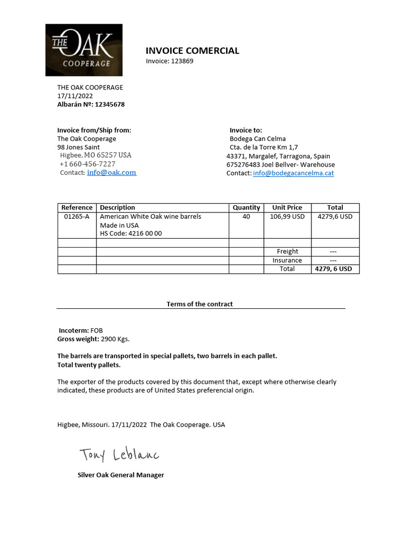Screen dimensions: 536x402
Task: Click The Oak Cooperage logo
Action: click(84, 50)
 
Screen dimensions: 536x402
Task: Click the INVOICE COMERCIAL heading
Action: click(192, 51)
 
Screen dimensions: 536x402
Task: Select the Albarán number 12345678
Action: click(109, 104)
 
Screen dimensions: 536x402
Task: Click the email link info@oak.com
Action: click(111, 173)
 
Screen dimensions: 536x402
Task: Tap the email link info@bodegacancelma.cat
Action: click(293, 173)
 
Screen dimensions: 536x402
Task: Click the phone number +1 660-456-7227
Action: click(87, 164)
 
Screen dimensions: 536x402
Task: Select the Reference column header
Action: click(77, 208)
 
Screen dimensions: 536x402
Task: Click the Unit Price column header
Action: click(287, 208)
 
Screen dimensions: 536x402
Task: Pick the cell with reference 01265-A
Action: click(77, 216)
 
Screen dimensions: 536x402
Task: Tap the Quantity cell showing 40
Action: click(246, 216)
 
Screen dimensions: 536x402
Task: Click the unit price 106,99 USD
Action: click(287, 216)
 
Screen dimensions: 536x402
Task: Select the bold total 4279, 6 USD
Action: click(333, 269)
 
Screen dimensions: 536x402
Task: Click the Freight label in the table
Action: click(287, 251)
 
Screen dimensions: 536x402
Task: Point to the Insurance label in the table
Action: click(287, 260)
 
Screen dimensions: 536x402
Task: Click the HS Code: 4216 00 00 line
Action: click(131, 233)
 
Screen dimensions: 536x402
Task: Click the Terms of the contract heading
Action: click(199, 304)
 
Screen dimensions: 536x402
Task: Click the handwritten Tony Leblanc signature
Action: click(119, 454)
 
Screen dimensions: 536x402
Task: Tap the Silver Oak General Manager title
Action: click(120, 475)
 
